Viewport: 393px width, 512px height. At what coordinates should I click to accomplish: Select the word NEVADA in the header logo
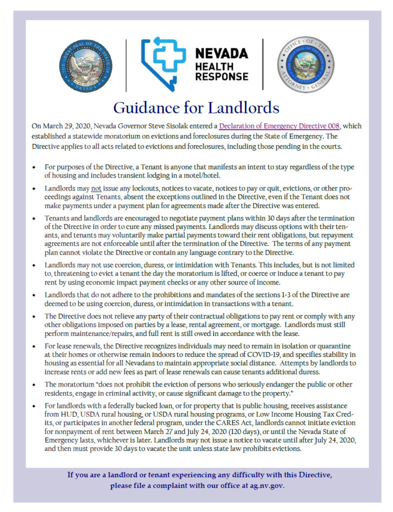[221, 53]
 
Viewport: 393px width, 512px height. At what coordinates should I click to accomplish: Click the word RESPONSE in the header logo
[221, 76]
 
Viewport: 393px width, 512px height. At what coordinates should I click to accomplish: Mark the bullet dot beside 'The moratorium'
[34, 384]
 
